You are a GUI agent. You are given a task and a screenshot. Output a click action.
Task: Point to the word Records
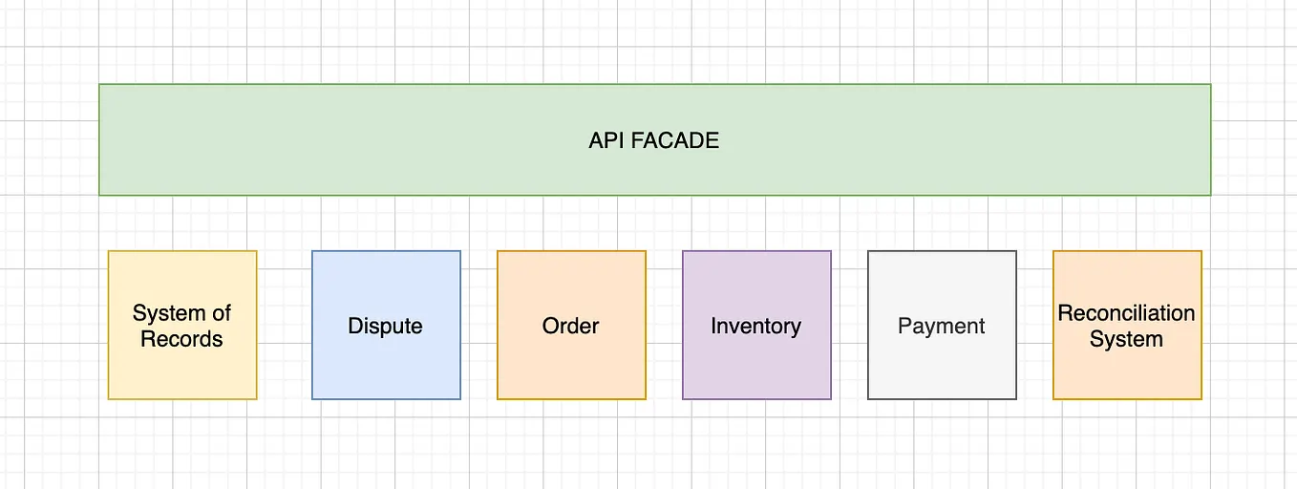[x=181, y=339]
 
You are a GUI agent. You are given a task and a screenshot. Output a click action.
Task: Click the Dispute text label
[x=385, y=327]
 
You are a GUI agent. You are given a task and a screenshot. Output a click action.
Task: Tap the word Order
[x=570, y=327]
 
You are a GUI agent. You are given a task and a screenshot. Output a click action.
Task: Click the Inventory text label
[x=755, y=327]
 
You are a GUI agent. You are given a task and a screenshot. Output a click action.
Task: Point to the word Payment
[x=941, y=327]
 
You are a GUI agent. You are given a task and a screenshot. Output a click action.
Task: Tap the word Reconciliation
[x=1126, y=313]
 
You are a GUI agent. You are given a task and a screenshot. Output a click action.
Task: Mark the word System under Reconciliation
[x=1126, y=339]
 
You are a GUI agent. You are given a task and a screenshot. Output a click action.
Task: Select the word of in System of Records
[x=222, y=313]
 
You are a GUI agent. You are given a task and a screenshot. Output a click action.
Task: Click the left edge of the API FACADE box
[x=100, y=139]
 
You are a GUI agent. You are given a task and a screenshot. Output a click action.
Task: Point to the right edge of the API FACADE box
[x=1210, y=139]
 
